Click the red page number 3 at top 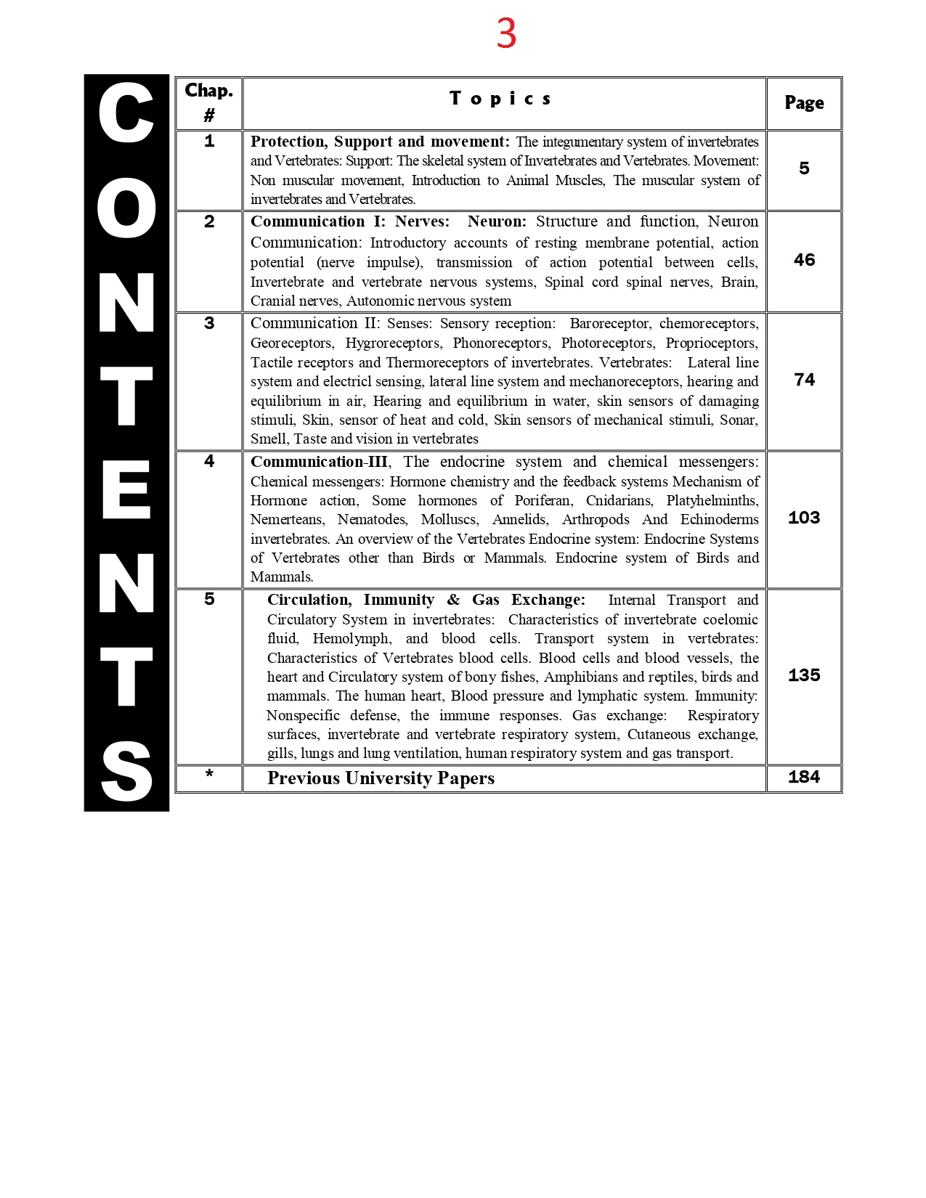point(506,33)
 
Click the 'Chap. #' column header point(209,102)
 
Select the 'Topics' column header point(500,99)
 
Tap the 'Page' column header point(804,103)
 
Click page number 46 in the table point(804,260)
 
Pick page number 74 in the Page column point(804,380)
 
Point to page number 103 point(804,518)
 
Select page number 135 point(804,675)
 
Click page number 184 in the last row point(804,777)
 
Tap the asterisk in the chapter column point(209,774)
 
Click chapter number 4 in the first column point(209,461)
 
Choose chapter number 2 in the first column point(209,221)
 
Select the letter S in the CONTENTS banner point(126,771)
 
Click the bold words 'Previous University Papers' point(381,778)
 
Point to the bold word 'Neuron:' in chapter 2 point(497,221)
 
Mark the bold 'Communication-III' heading point(319,462)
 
